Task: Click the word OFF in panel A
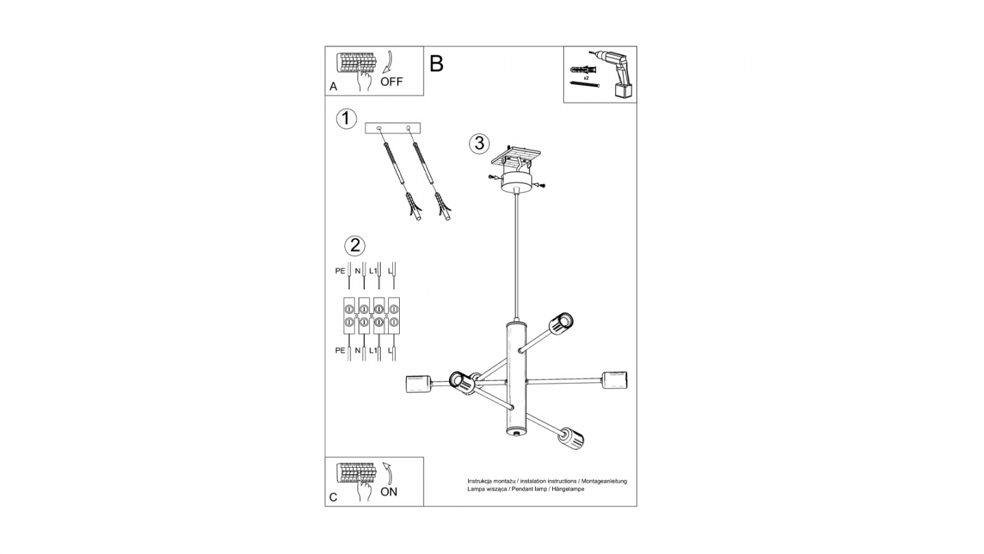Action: tap(392, 82)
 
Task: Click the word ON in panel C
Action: tap(388, 492)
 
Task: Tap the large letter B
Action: tap(437, 64)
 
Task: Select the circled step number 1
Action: tap(346, 118)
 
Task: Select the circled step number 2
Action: tap(354, 246)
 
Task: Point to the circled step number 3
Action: tap(479, 144)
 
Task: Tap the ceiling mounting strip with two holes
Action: tap(393, 128)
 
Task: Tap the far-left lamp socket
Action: tap(416, 385)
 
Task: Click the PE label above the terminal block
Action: tap(340, 271)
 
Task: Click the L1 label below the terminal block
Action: tap(373, 350)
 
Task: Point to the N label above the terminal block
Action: tap(357, 271)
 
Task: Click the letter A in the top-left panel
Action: tap(333, 87)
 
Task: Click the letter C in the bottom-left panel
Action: tap(333, 497)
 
